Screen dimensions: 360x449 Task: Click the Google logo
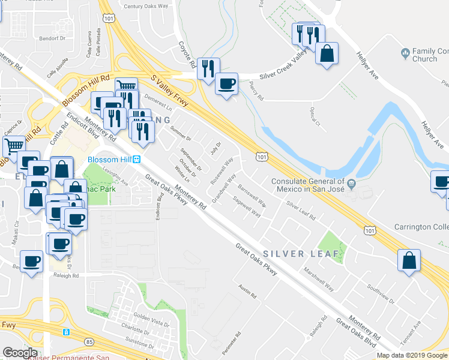[x=20, y=353]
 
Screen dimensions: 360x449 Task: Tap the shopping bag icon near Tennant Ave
[x=409, y=261]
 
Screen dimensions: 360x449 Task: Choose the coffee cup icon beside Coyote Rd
[x=226, y=85]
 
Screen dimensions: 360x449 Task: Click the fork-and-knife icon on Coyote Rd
[x=208, y=69]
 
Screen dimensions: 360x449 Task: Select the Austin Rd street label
[x=247, y=292]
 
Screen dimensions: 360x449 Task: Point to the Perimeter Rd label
[x=238, y=343]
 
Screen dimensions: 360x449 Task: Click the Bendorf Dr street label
[x=52, y=38]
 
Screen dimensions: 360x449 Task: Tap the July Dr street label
[x=215, y=147]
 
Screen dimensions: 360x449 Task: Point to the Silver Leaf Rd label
[x=301, y=210]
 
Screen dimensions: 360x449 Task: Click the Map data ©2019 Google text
[x=411, y=355]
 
